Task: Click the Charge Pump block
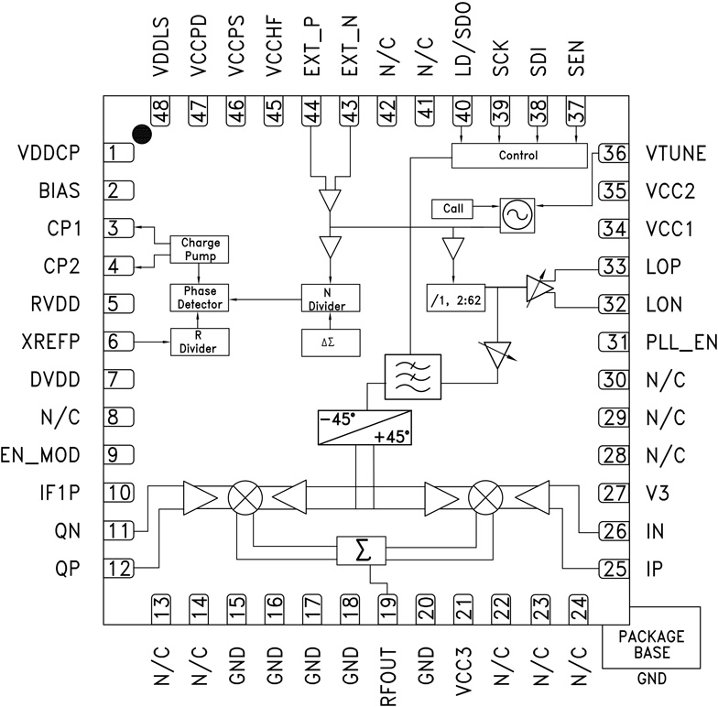(201, 250)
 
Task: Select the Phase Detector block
(201, 296)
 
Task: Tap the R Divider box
(201, 341)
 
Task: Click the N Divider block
(331, 297)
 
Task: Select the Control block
(518, 156)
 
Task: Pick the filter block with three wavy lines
(412, 375)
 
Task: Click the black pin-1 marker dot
(140, 135)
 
